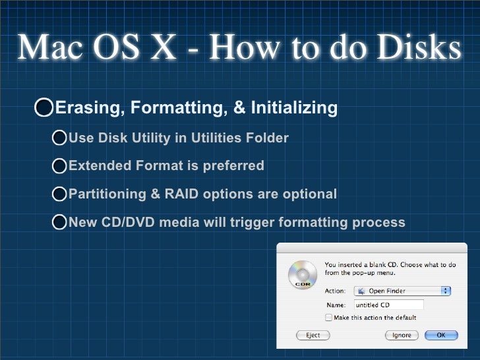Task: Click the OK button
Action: [x=440, y=335]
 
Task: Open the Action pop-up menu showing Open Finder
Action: [x=402, y=291]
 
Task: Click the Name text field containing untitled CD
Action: [x=388, y=305]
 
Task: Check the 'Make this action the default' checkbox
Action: [x=328, y=318]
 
